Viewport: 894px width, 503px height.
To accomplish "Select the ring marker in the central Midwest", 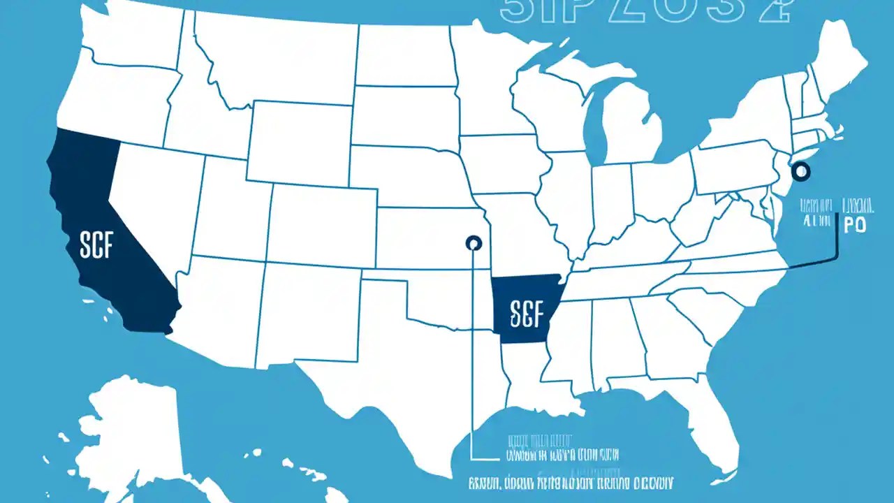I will tap(473, 243).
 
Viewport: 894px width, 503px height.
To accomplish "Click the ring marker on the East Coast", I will tap(800, 170).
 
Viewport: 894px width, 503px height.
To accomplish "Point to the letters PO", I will tap(855, 225).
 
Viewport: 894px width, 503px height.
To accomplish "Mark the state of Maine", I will tap(835, 63).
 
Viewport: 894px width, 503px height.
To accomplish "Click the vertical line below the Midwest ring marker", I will tap(473, 349).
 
